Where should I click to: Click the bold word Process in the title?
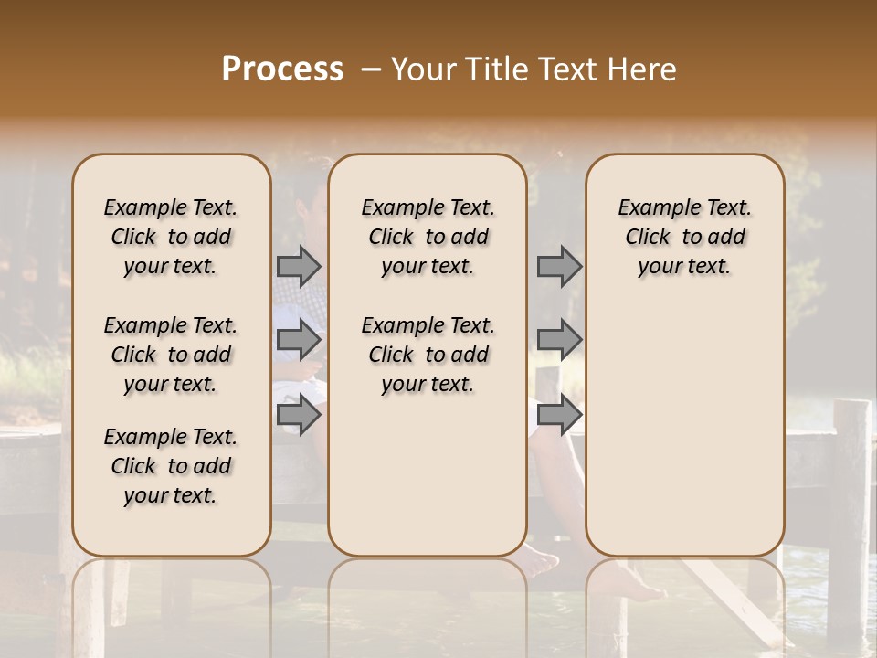click(x=282, y=69)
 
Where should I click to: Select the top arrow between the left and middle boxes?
click(x=299, y=266)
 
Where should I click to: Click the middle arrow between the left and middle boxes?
click(x=299, y=340)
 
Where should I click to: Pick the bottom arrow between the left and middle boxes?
click(x=299, y=415)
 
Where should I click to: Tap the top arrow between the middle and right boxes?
click(x=559, y=266)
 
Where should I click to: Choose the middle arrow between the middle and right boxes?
click(x=559, y=340)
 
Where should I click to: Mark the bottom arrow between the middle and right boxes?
click(x=559, y=415)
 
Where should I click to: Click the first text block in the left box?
click(x=171, y=237)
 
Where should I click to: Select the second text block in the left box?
click(x=171, y=355)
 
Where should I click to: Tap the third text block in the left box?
click(x=171, y=466)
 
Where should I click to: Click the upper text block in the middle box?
click(x=428, y=237)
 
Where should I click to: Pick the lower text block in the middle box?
click(x=428, y=355)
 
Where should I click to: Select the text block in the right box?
click(x=684, y=237)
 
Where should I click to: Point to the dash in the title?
click(x=371, y=69)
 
